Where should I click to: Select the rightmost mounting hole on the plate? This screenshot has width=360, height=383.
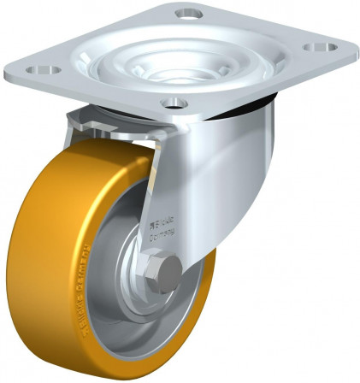323,48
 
